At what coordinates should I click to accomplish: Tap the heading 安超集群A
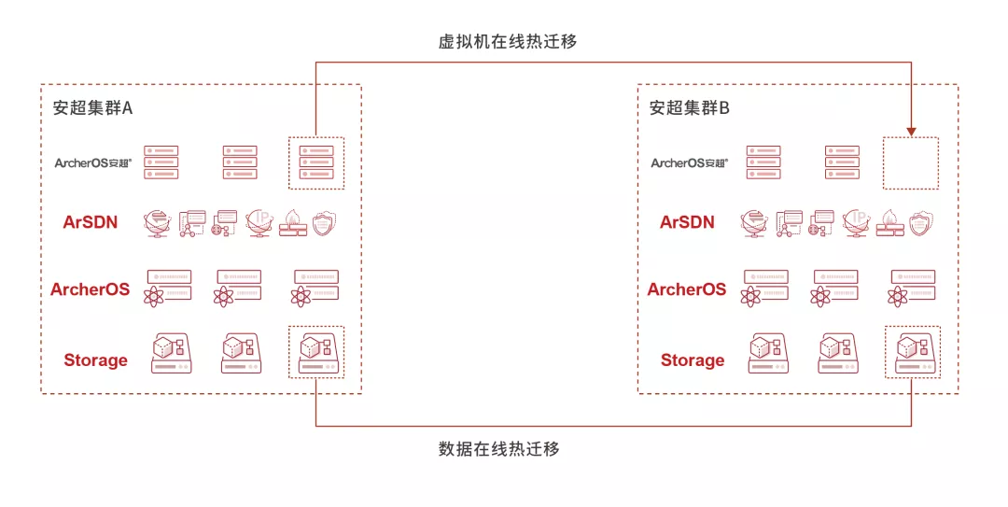[x=92, y=108]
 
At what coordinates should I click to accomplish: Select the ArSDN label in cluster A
[x=90, y=222]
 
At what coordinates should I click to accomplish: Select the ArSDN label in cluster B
[x=687, y=222]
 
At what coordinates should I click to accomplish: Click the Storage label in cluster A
[x=95, y=360]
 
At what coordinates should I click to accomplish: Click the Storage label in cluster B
[x=693, y=360]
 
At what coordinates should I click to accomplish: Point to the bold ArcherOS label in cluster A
[x=90, y=289]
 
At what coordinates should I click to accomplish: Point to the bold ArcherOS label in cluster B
[x=687, y=289]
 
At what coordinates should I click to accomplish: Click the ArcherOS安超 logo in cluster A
[x=92, y=163]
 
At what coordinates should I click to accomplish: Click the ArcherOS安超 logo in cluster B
[x=689, y=163]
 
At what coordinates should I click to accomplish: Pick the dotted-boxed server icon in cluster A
[x=315, y=162]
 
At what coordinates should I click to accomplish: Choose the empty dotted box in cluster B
[x=911, y=163]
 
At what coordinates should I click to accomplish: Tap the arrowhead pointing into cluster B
[x=911, y=132]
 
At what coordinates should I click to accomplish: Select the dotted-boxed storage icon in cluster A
[x=315, y=352]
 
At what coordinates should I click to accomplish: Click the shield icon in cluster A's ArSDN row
[x=324, y=222]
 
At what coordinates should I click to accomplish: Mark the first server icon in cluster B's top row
[x=763, y=162]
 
